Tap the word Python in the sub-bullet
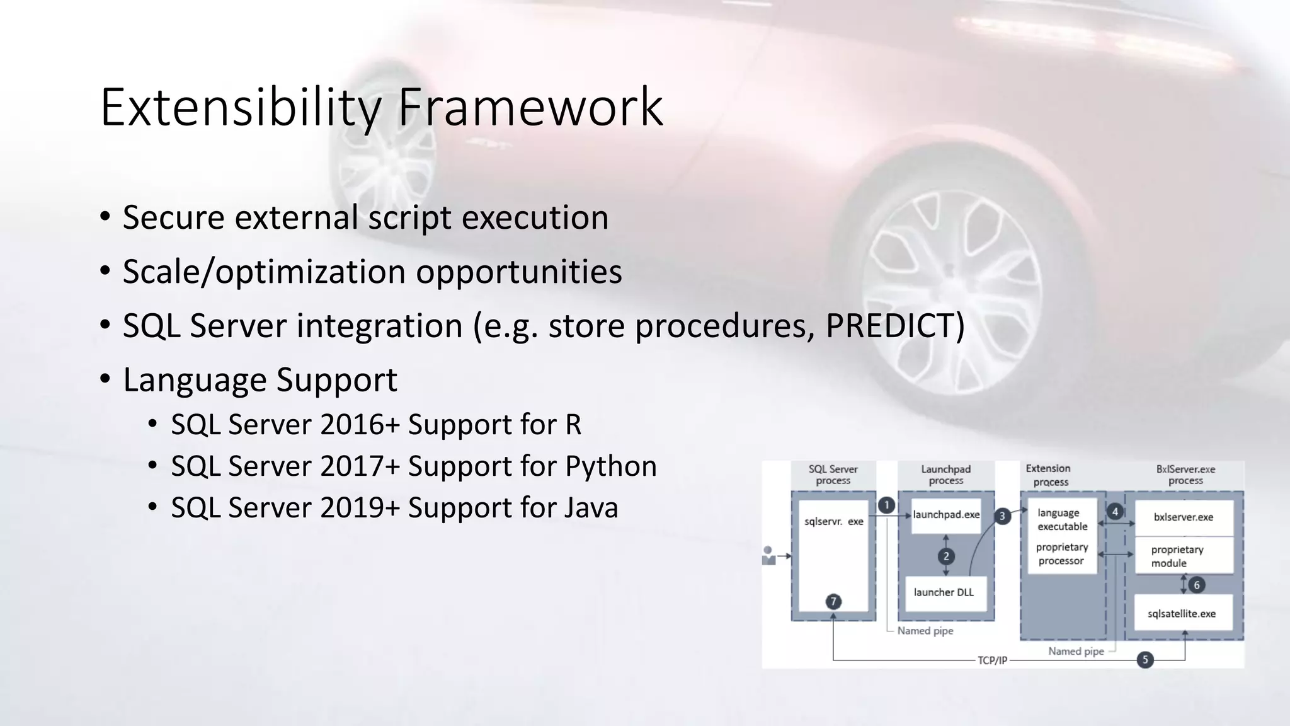point(610,466)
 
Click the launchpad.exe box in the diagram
point(946,515)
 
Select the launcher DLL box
point(944,592)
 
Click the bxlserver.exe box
point(1183,517)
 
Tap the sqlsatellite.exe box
point(1182,614)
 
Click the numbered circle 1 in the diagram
point(886,505)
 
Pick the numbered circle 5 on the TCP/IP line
point(1145,660)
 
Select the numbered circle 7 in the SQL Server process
point(833,601)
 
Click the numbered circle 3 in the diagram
point(1002,516)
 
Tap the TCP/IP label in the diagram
point(992,660)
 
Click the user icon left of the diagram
point(768,556)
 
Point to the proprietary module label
point(1177,556)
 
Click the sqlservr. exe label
point(833,522)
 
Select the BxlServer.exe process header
point(1185,475)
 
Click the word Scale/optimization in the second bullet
point(264,272)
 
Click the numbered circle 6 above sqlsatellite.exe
point(1197,585)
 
